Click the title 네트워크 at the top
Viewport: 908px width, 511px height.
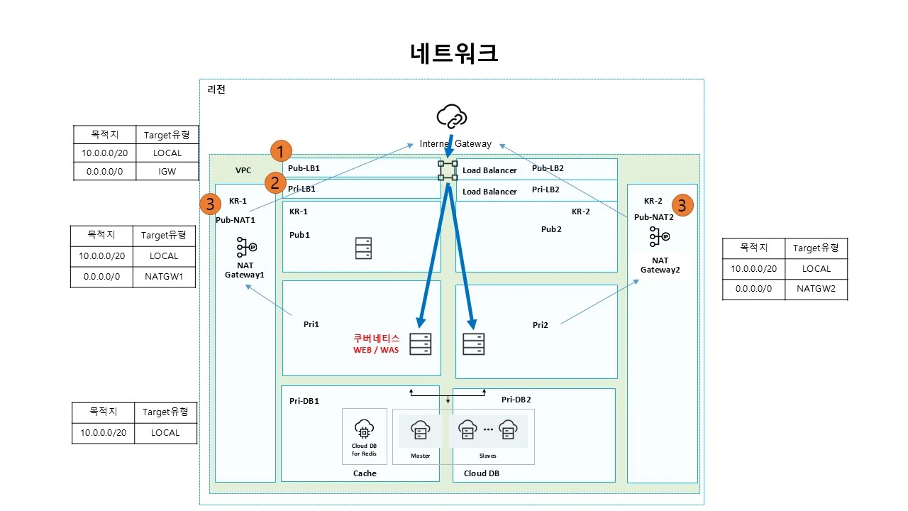(454, 53)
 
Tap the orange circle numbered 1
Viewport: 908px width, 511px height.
(282, 150)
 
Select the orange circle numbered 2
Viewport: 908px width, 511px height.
(275, 182)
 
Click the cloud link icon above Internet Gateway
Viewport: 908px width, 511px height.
(452, 116)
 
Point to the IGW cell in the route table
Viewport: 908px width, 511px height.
(167, 171)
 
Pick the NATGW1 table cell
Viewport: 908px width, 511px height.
(164, 276)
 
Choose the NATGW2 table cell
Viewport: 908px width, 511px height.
(816, 289)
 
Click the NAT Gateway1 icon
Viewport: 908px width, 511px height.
(245, 247)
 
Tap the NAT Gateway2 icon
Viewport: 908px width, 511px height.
(659, 236)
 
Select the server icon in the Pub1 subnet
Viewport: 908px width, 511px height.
(363, 248)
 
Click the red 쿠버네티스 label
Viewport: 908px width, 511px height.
(377, 339)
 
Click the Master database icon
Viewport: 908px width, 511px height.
(420, 429)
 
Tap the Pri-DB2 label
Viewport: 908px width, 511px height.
(516, 400)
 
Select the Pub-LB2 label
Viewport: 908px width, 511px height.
(548, 168)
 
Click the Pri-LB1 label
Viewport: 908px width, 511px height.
(301, 189)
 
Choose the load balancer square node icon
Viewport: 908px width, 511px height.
(448, 171)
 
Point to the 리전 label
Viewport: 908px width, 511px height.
(216, 89)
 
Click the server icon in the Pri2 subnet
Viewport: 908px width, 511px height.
(473, 344)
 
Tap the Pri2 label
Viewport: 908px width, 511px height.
(541, 325)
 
